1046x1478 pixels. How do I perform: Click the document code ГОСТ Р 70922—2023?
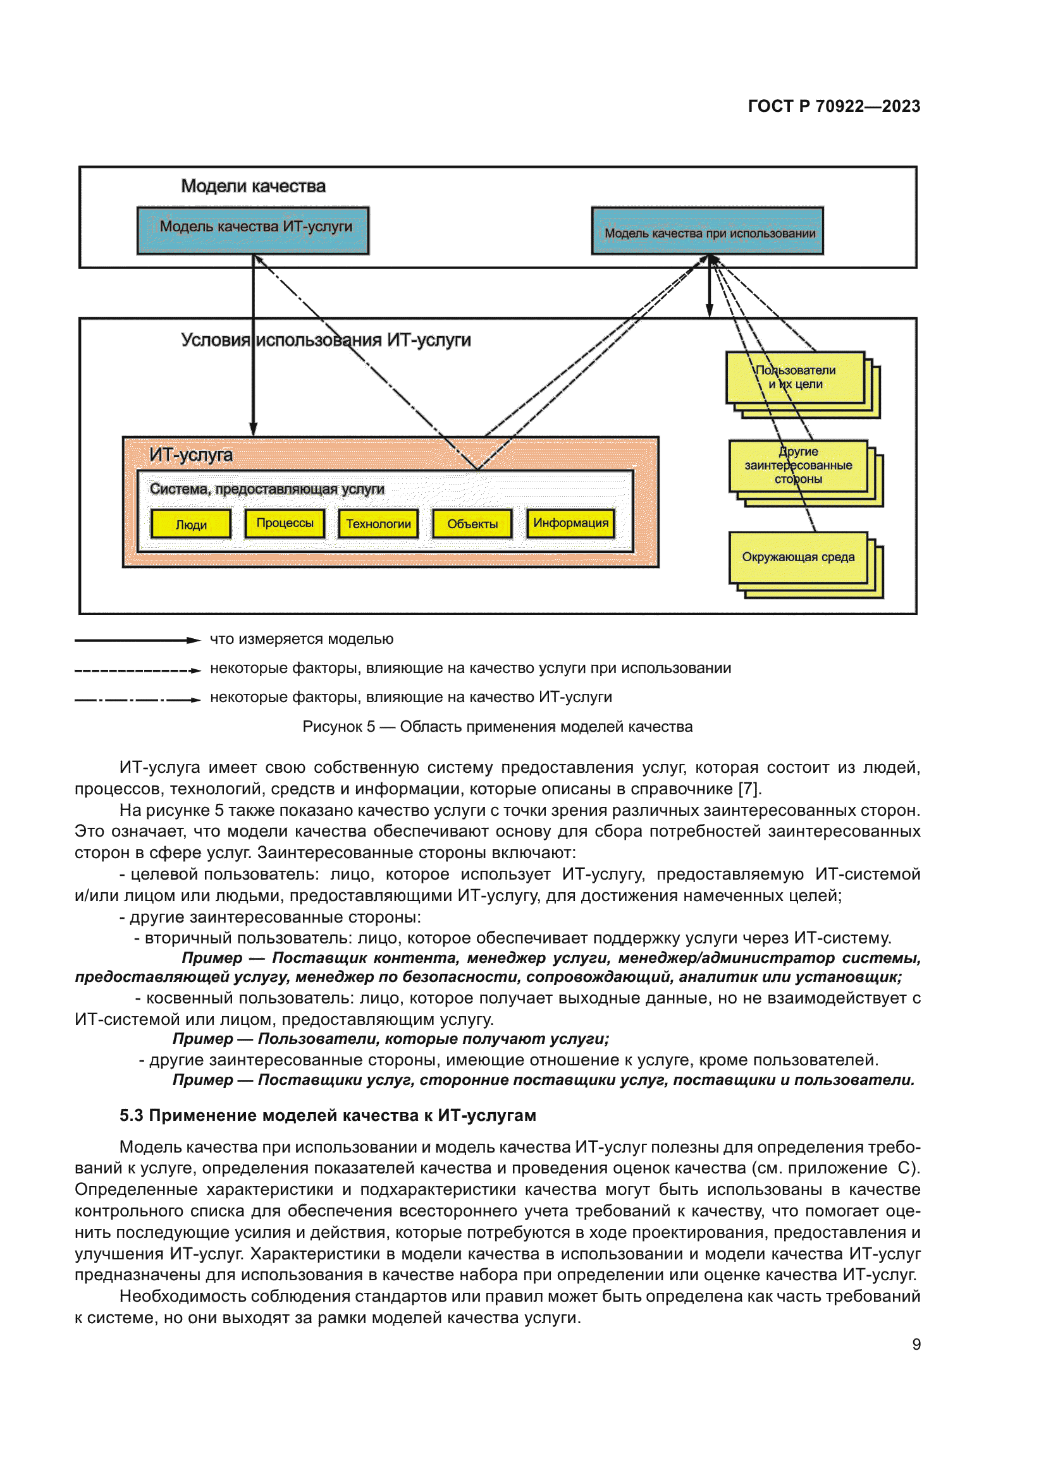pos(834,106)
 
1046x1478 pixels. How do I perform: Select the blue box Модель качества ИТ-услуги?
pos(252,230)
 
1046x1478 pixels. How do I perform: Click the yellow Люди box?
pos(190,524)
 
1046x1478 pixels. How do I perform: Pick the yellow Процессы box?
pos(285,523)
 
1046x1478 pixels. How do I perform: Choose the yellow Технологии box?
pos(378,523)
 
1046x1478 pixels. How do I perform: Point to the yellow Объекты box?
pos(472,523)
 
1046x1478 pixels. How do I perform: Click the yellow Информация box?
pos(570,523)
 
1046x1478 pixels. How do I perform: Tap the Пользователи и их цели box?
pos(795,377)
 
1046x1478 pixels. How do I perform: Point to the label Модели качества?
pos(253,186)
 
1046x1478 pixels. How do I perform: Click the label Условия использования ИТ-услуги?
pos(325,339)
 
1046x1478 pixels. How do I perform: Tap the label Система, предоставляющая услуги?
pos(267,488)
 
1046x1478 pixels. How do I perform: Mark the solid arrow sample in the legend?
pos(137,640)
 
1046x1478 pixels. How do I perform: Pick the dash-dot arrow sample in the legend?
pos(137,699)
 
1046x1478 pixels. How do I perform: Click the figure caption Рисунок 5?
pos(496,726)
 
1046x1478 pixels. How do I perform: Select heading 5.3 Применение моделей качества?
pos(327,1115)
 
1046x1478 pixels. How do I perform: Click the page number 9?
pos(916,1344)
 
